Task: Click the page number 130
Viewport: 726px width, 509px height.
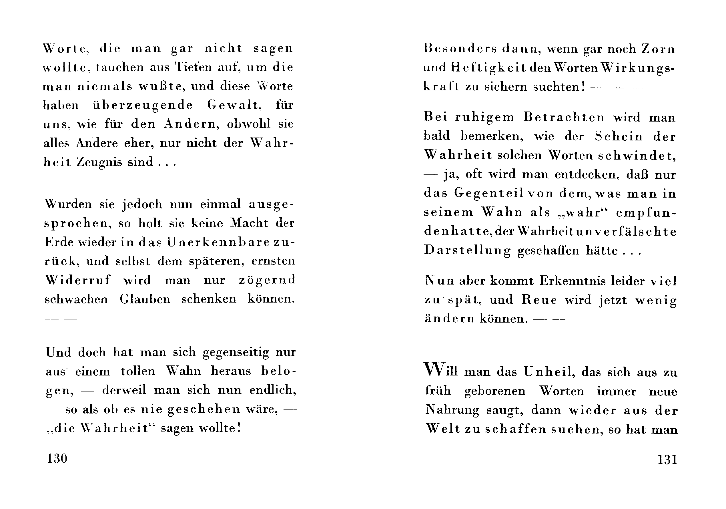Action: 57,458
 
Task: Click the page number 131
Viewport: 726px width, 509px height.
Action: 667,459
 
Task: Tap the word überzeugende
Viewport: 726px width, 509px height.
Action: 143,105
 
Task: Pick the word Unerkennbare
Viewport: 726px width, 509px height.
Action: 218,242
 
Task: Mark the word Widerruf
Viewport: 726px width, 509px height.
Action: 78,280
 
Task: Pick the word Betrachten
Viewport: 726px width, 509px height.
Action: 564,117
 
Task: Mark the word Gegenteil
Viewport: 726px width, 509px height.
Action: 489,194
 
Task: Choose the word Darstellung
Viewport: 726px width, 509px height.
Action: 467,250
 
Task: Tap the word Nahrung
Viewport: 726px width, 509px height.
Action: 452,410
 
